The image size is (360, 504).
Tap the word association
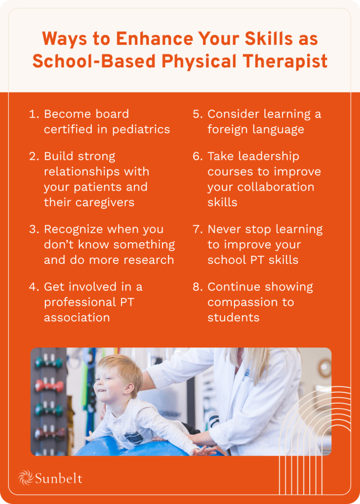point(77,317)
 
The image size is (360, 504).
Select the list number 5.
point(197,114)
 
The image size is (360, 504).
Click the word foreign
point(229,129)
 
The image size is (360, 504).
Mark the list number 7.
point(197,229)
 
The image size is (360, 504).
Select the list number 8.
point(197,286)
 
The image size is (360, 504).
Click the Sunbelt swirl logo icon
point(26,477)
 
